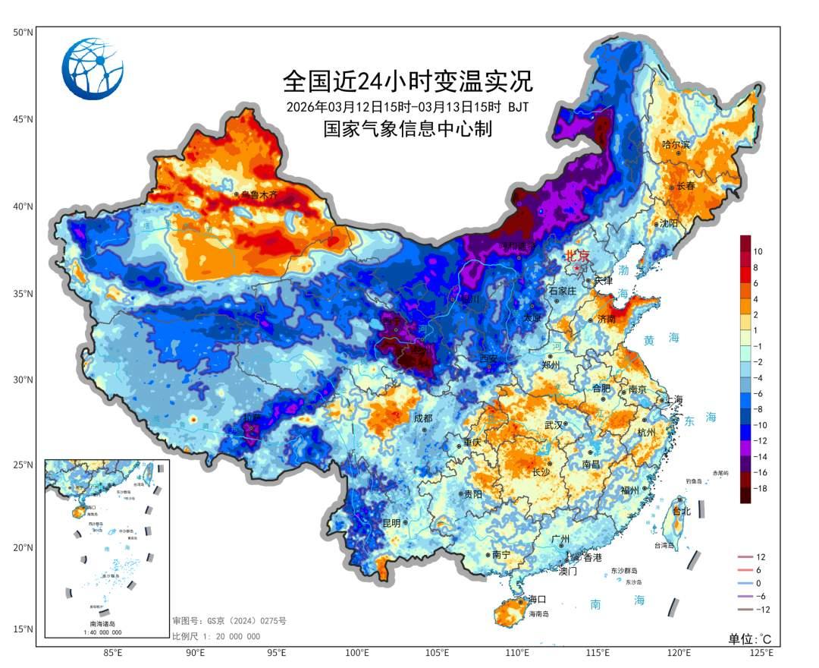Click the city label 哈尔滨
coord(676,144)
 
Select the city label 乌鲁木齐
coord(260,195)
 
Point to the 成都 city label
coord(422,418)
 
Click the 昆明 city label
coord(391,522)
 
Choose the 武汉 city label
coord(554,425)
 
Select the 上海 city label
coord(674,400)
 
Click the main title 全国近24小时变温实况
coord(408,80)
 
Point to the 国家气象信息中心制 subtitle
coord(408,129)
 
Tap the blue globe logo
coord(93,69)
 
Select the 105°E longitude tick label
coord(438,652)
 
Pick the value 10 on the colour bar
coord(758,251)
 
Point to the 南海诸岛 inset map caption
coord(105,623)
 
